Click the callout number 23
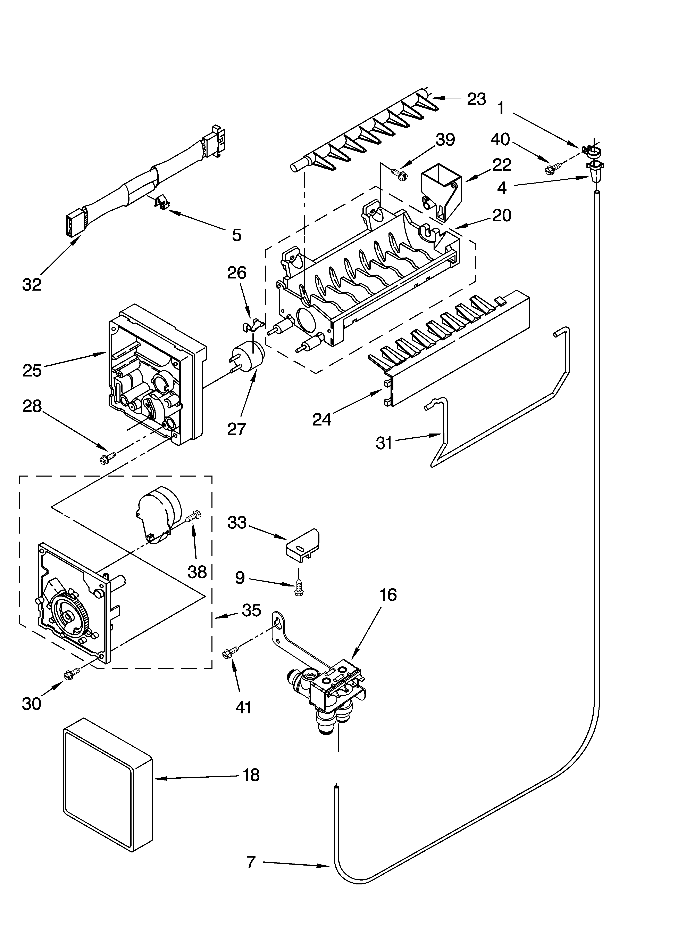point(476,99)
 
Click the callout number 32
point(32,285)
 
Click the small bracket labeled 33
point(303,545)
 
